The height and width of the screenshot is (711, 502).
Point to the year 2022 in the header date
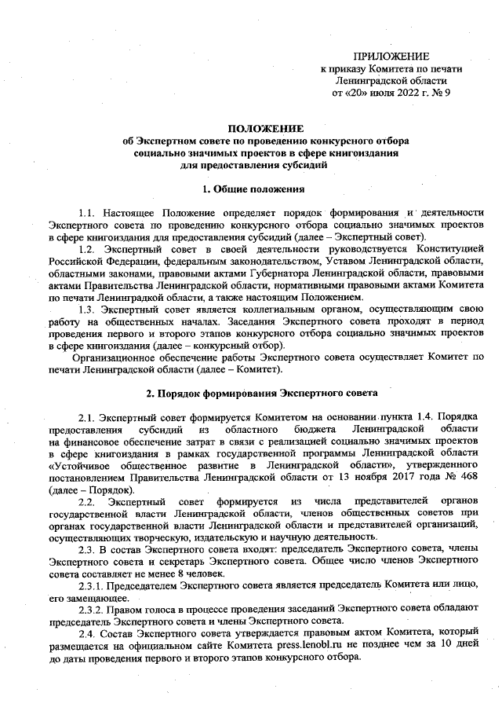[402, 93]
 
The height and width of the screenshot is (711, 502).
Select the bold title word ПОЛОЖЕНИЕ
[264, 127]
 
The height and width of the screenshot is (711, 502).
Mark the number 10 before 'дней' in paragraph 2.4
[445, 645]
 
